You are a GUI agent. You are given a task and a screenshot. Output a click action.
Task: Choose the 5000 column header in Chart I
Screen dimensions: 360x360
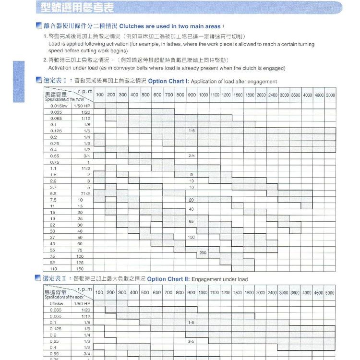click(331, 95)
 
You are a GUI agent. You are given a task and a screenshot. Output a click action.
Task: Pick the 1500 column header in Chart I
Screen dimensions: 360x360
click(239, 95)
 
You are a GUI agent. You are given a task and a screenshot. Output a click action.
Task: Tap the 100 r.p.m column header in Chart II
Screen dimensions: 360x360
click(99, 292)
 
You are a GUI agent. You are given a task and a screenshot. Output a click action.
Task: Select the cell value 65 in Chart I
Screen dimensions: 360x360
click(192, 221)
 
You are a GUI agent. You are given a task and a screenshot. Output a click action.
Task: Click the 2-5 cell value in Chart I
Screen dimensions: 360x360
click(192, 156)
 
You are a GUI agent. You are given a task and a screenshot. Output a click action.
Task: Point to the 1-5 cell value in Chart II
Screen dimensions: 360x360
click(192, 323)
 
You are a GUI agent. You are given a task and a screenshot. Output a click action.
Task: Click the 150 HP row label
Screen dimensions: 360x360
click(80, 269)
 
